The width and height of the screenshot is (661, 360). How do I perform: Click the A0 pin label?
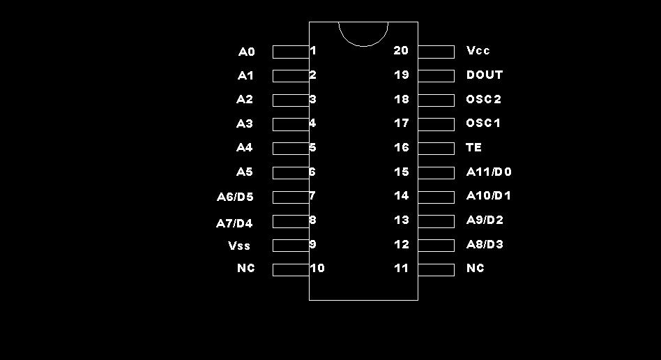pos(247,52)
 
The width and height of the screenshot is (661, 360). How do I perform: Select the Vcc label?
pos(478,51)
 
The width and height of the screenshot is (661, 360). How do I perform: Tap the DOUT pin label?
pos(485,75)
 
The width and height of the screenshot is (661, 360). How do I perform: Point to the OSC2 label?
pos(484,99)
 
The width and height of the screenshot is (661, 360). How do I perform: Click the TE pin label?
pos(473,148)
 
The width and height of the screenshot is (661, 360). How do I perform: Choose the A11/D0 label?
pos(489,172)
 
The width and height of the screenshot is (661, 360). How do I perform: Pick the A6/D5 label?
pos(235,197)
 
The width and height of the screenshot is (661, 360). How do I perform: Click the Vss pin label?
pos(239,246)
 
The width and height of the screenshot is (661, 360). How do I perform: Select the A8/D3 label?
pos(485,244)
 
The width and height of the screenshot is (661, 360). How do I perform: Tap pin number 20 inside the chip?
pos(401,50)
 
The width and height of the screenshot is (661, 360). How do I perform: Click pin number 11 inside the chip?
pos(401,268)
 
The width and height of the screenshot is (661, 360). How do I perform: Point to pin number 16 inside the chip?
pos(401,147)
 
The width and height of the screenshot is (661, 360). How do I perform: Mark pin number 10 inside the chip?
pos(318,268)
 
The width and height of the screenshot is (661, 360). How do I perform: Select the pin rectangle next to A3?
pos(290,124)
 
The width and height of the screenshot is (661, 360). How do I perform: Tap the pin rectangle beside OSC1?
pos(436,124)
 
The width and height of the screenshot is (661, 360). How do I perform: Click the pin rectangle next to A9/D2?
pos(436,221)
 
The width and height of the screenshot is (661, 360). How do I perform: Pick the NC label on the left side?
pos(246,269)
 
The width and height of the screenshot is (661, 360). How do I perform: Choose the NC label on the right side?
pos(475,269)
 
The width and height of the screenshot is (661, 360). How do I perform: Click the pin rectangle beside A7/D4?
pos(290,221)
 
